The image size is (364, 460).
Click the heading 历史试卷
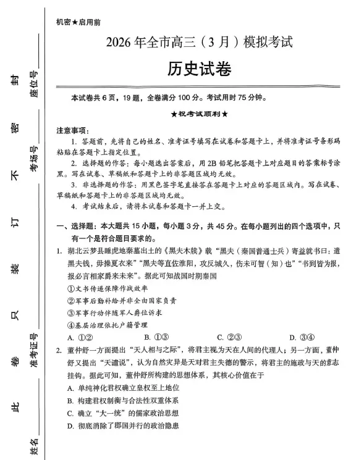pos(200,69)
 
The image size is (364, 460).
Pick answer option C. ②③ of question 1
pos(229,337)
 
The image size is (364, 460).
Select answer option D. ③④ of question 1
pos(302,337)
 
